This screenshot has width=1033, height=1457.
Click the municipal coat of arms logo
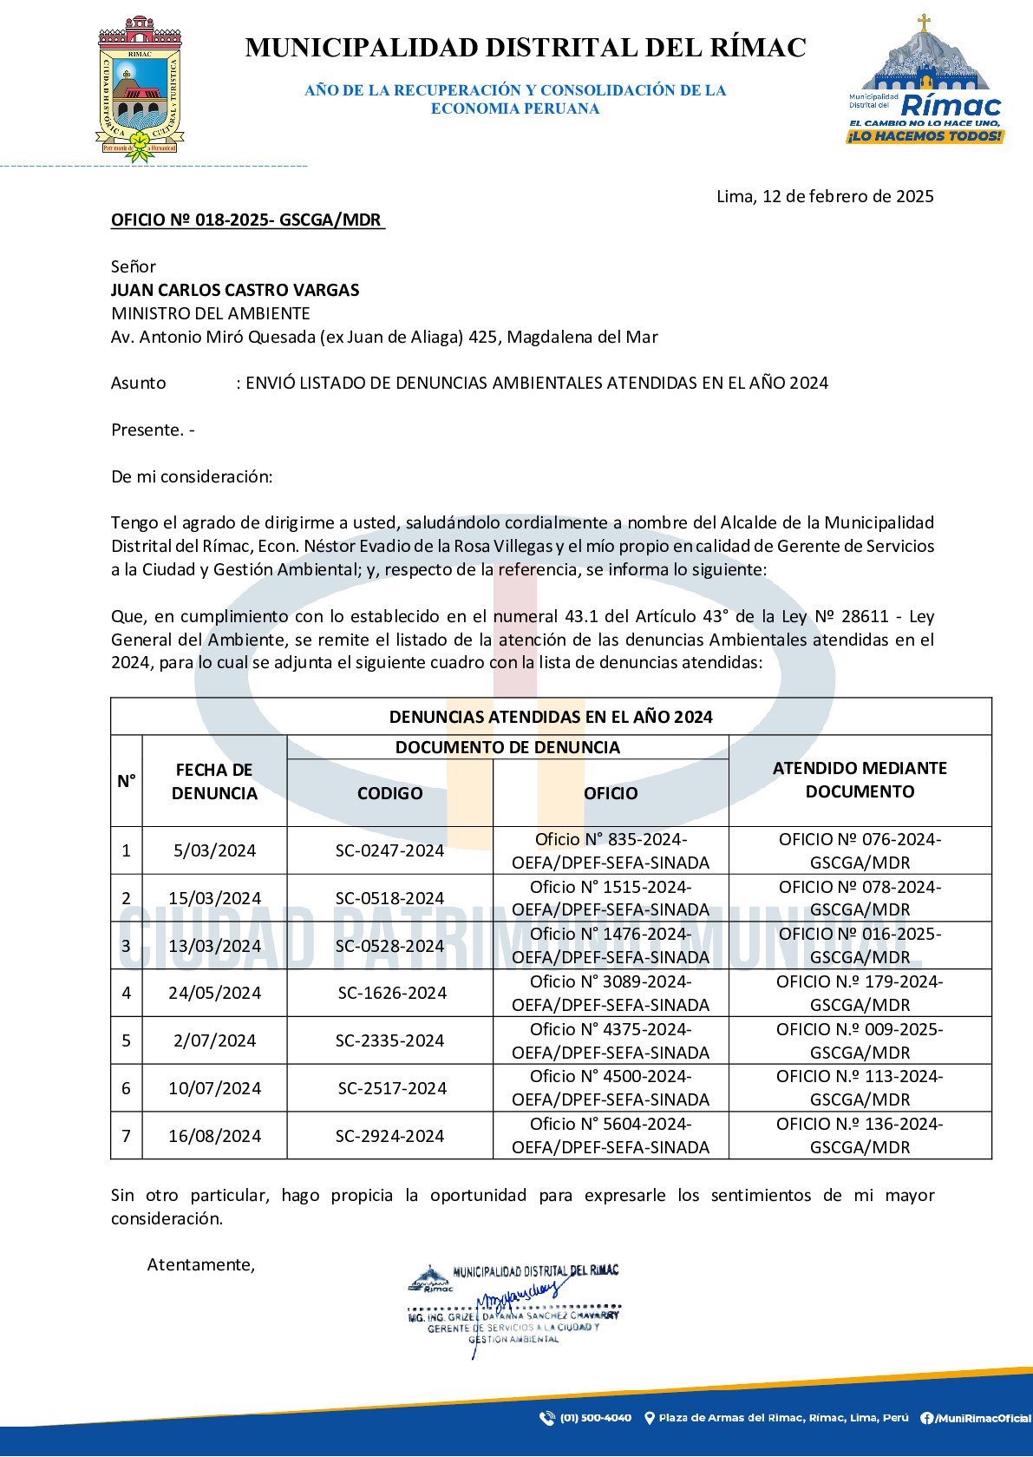click(x=140, y=89)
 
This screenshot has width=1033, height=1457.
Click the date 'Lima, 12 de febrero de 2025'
click(x=824, y=197)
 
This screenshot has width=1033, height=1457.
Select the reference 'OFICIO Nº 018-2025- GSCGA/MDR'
click(x=247, y=220)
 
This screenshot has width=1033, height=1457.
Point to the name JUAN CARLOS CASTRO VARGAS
click(x=235, y=291)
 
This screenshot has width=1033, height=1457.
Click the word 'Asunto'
click(x=139, y=384)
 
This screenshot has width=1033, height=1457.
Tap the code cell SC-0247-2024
click(x=389, y=851)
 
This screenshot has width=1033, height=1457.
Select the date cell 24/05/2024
click(x=214, y=994)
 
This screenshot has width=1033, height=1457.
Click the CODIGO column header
click(x=389, y=794)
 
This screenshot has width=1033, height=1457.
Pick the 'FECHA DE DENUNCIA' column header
click(x=214, y=782)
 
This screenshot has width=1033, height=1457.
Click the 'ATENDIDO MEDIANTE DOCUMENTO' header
click(x=860, y=780)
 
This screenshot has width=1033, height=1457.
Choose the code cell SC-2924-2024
click(x=389, y=1137)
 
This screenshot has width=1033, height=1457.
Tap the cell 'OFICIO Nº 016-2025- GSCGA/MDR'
click(x=860, y=946)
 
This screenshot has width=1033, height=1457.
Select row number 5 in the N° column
click(x=127, y=1041)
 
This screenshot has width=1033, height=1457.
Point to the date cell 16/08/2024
click(x=214, y=1137)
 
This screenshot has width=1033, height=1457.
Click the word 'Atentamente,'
click(x=201, y=1265)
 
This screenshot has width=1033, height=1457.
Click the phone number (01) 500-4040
click(x=595, y=1418)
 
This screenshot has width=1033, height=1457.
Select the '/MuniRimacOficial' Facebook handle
click(x=981, y=1419)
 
